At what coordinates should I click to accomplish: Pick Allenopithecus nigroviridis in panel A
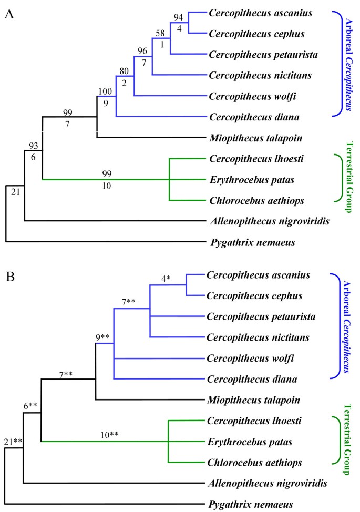pyautogui.click(x=269, y=221)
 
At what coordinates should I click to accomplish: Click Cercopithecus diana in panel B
pyautogui.click(x=245, y=378)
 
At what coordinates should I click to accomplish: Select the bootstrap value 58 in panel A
pyautogui.click(x=160, y=34)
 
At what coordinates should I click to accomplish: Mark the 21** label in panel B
pyautogui.click(x=13, y=442)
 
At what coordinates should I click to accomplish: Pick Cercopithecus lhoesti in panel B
pyautogui.click(x=247, y=421)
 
